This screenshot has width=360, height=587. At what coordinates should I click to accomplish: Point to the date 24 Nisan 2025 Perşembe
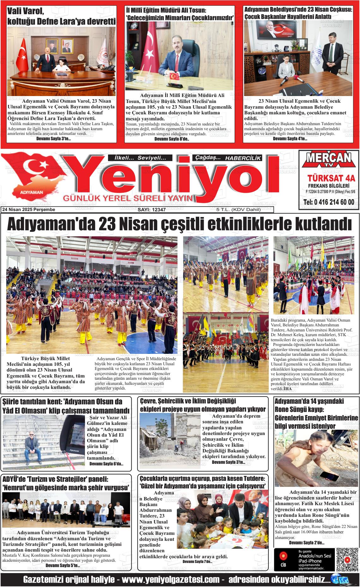[x=28, y=210]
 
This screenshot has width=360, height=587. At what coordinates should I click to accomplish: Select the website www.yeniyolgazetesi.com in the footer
[x=171, y=580]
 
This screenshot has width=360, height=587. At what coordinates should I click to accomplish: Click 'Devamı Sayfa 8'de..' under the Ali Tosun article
[x=172, y=139]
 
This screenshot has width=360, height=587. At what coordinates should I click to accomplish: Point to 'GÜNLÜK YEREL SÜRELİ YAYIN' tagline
[x=128, y=198]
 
